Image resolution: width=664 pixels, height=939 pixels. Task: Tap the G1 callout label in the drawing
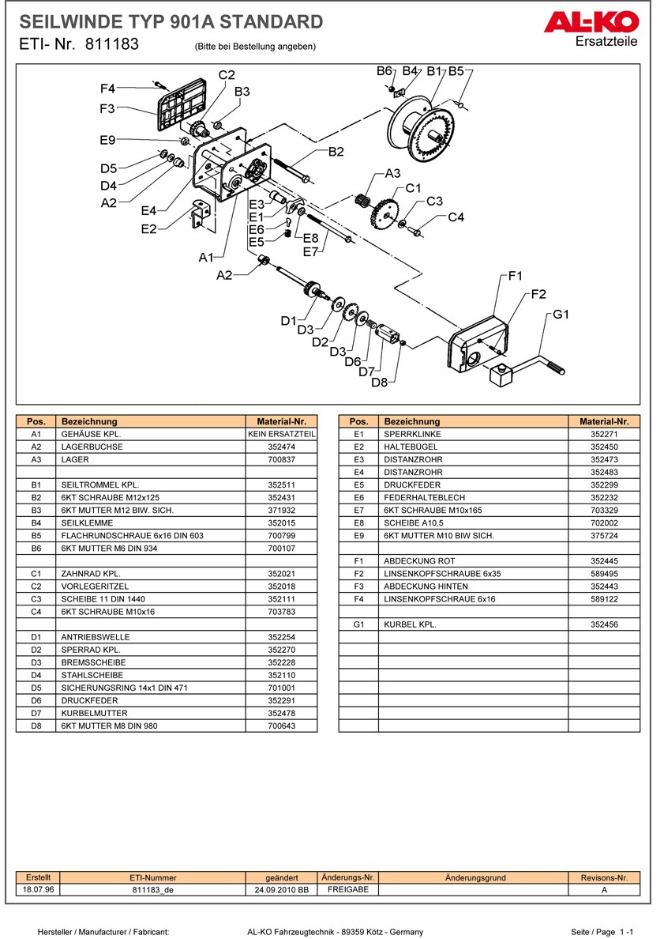tap(561, 315)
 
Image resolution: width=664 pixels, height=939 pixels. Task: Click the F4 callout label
tap(107, 88)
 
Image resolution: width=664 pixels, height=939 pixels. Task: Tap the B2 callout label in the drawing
tap(336, 152)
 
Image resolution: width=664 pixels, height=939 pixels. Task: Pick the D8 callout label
tap(380, 383)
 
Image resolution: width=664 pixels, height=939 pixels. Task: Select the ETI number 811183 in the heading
tap(112, 45)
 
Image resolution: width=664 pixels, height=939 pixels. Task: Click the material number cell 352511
tap(281, 485)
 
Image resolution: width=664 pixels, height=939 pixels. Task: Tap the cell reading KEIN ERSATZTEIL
tap(281, 434)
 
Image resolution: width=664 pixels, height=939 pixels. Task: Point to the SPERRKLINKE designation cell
tap(412, 434)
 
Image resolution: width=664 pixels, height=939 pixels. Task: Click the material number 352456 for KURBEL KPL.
tap(604, 624)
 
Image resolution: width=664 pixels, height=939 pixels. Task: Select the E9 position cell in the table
tap(358, 535)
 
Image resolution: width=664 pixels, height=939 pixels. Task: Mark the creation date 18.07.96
tap(38, 889)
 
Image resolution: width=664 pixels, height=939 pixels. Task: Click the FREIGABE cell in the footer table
tap(348, 889)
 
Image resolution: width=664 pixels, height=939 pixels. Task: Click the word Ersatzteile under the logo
tap(607, 41)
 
